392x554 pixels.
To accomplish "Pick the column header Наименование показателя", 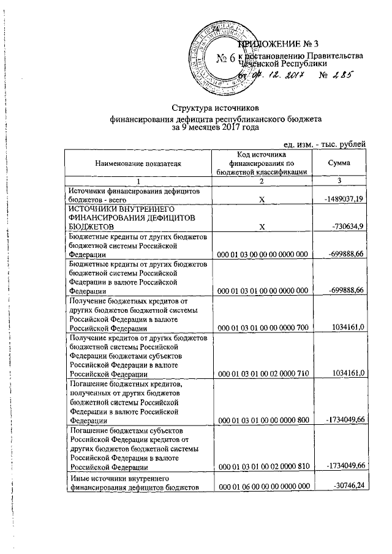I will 138,164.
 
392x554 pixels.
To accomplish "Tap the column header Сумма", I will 339,164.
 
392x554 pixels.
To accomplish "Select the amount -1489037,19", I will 341,199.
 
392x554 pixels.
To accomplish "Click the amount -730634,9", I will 346,226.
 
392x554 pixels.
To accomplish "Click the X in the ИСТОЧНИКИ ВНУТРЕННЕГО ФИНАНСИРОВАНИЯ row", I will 261,226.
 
